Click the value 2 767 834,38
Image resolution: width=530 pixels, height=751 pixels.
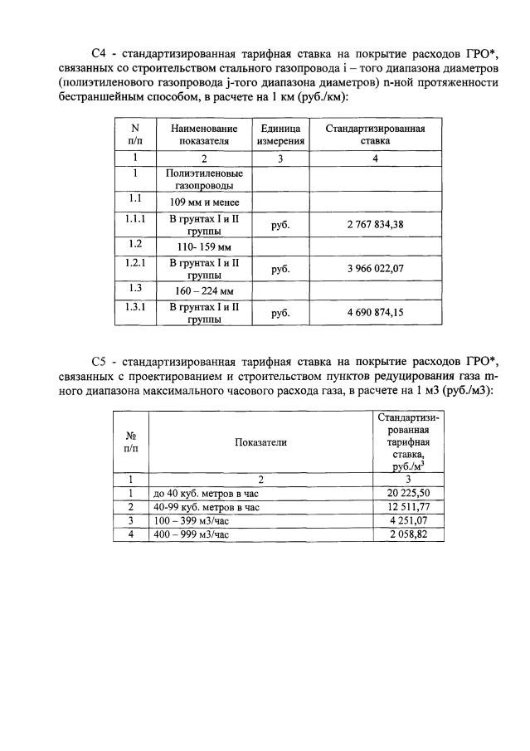(375, 224)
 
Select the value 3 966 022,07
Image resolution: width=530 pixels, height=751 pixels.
(375, 270)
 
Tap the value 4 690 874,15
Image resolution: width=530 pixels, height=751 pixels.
(375, 314)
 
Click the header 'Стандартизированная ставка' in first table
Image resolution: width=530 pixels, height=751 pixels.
(375, 134)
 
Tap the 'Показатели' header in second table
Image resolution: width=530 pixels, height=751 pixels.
(260, 442)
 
